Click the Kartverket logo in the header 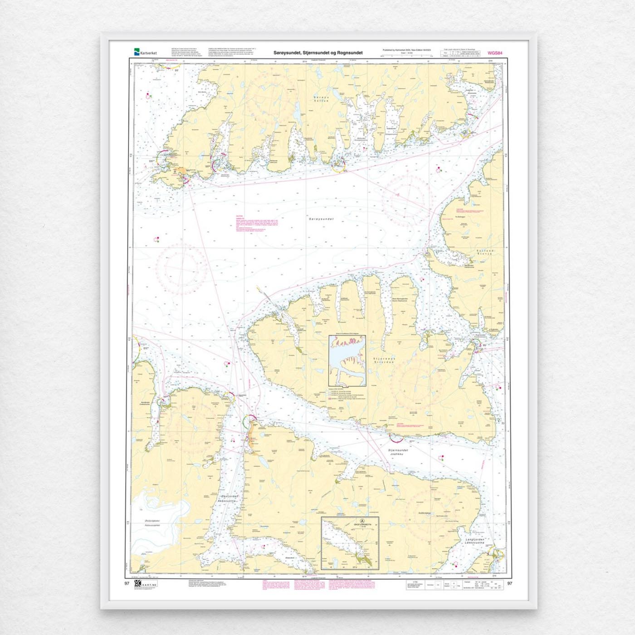[145, 53]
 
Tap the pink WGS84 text [495, 53]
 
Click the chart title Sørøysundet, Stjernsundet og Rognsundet [318, 53]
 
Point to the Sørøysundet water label [321, 219]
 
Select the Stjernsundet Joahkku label [398, 452]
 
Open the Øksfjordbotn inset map [350, 543]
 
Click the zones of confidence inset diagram [347, 361]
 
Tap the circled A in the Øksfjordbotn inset [361, 521]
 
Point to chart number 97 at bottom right [510, 583]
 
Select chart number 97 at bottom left [127, 583]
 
